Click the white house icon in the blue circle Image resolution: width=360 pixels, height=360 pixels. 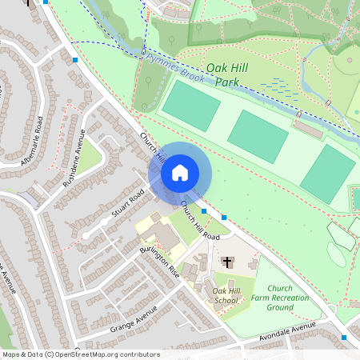pyautogui.click(x=180, y=172)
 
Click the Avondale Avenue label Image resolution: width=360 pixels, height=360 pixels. pyautogui.click(x=287, y=333)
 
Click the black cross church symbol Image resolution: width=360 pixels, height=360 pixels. pyautogui.click(x=227, y=262)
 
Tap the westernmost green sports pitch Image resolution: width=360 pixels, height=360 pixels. pyautogui.click(x=190, y=106)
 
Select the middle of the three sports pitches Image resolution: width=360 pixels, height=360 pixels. pyautogui.click(x=258, y=135)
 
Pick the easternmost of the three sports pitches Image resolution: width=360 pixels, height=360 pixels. pyautogui.click(x=327, y=174)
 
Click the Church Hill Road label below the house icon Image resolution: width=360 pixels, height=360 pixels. pyautogui.click(x=199, y=221)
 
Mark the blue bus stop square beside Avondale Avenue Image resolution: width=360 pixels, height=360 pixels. pyautogui.click(x=344, y=338)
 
